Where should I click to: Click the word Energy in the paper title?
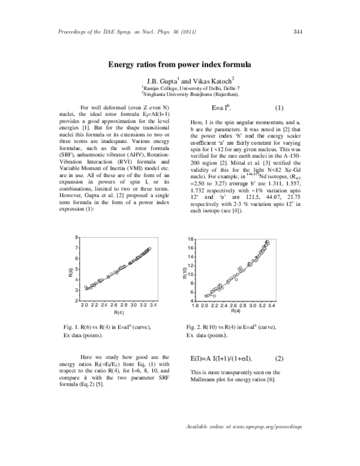(x=124, y=64)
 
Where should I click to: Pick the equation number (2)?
(x=278, y=359)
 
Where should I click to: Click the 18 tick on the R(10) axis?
(x=191, y=256)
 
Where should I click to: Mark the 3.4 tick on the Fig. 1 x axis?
(x=154, y=306)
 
